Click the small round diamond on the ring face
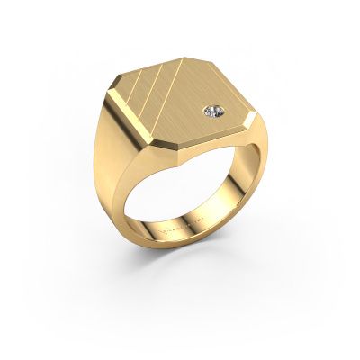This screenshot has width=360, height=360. [x=209, y=112]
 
